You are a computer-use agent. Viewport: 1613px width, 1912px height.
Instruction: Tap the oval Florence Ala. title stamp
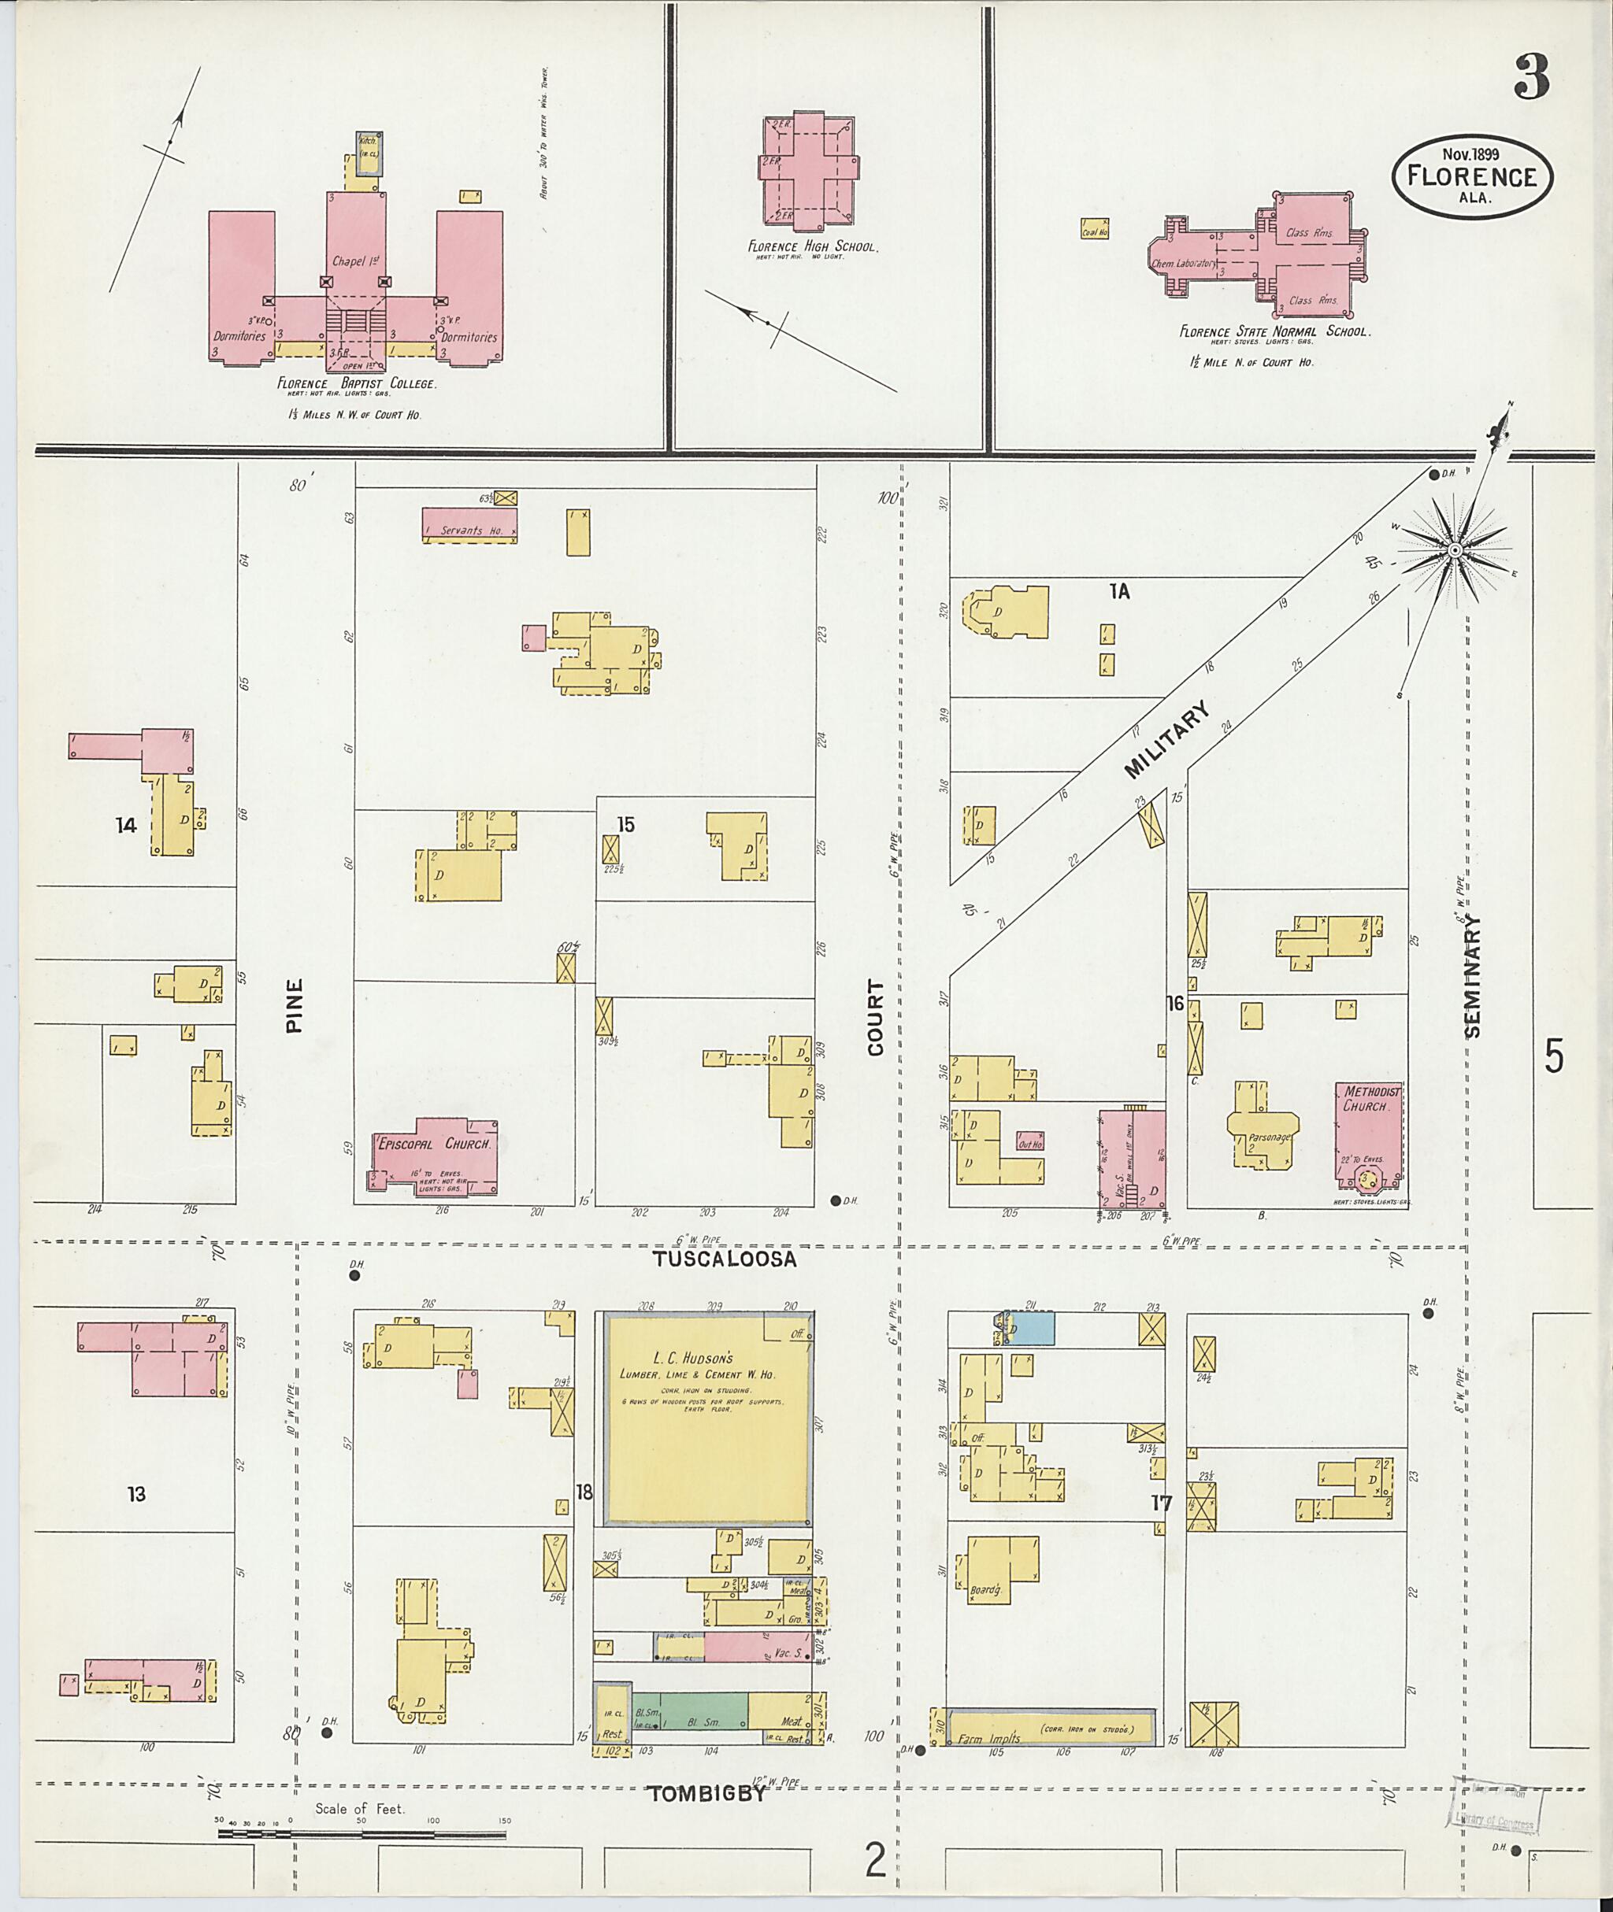[x=1471, y=176]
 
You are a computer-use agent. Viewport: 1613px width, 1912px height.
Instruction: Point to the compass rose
[x=1453, y=549]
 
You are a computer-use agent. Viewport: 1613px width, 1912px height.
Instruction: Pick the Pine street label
[x=294, y=1006]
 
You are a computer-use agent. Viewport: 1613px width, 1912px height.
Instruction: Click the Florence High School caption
[x=813, y=246]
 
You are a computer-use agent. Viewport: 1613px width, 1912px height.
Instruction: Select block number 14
[x=125, y=825]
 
